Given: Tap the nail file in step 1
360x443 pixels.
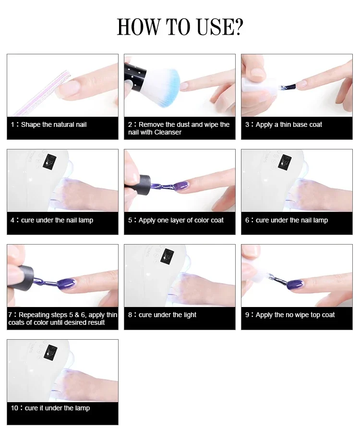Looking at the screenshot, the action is (x=42, y=93).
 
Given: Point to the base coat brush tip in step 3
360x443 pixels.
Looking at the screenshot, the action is (x=288, y=86).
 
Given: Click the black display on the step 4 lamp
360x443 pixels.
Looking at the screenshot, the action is (x=50, y=161).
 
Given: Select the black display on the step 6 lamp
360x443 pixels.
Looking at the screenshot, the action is (x=285, y=162).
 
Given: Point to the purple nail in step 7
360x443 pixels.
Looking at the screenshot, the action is (x=66, y=283).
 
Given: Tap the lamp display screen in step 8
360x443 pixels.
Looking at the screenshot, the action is (x=167, y=256).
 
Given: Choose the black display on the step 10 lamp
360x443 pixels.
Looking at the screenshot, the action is (x=50, y=352).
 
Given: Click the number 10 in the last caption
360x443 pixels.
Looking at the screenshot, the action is (x=14, y=408).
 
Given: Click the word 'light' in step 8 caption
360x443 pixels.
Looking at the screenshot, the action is (x=190, y=315).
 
